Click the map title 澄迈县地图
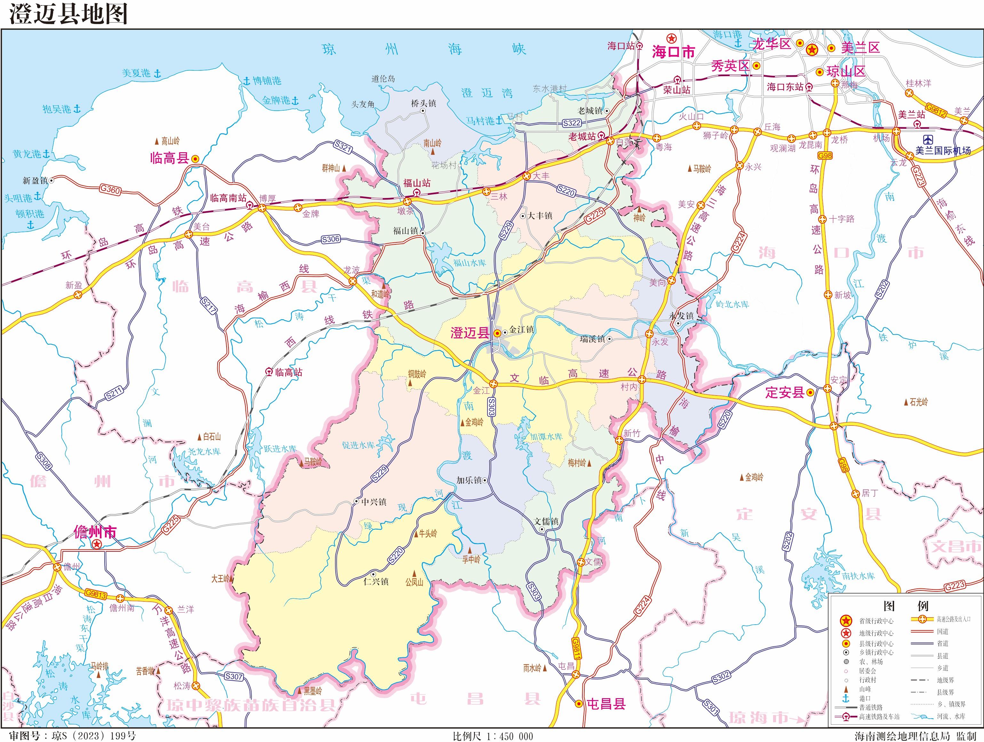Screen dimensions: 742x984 (68, 14)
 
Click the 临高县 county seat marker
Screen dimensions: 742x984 (195, 159)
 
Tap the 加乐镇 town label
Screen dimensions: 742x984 (469, 480)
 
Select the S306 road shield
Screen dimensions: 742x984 (331, 239)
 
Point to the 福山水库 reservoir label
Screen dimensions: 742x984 (469, 263)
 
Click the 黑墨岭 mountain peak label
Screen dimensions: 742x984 (312, 691)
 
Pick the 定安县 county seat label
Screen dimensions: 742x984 (785, 392)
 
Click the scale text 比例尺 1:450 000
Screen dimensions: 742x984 (492, 736)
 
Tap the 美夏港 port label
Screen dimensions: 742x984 (137, 73)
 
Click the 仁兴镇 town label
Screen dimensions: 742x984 (376, 581)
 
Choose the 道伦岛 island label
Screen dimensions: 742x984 (383, 79)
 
